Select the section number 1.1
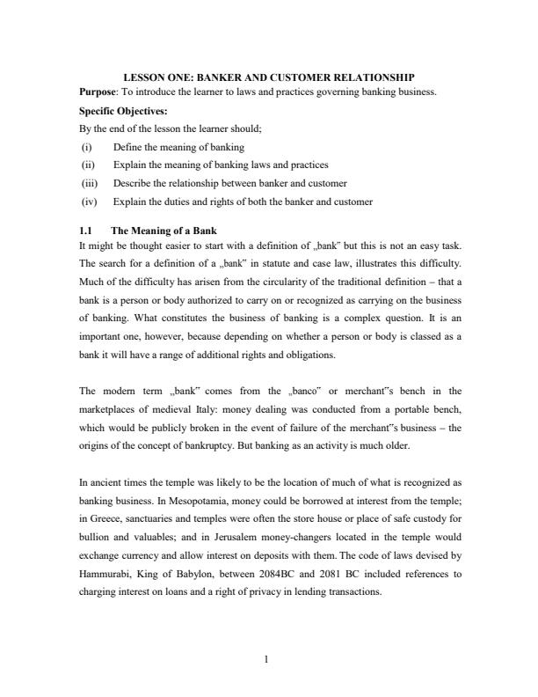click(x=86, y=231)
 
